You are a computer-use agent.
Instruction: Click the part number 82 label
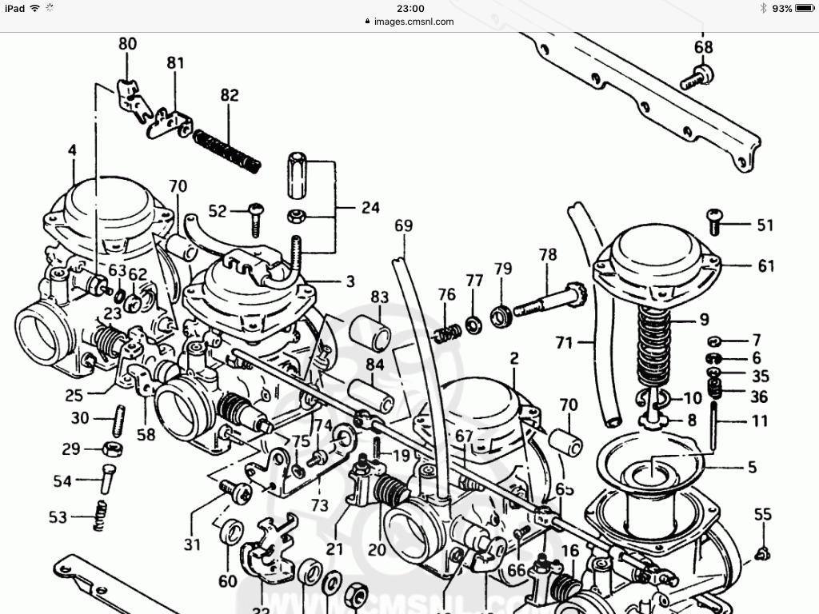(x=230, y=95)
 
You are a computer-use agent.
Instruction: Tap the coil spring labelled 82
(x=227, y=150)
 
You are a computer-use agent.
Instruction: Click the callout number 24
(x=370, y=209)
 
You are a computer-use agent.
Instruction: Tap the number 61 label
(x=766, y=266)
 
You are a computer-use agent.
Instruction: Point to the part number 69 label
(x=403, y=226)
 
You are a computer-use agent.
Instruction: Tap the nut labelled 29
(x=114, y=448)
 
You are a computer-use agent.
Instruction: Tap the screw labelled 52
(x=256, y=217)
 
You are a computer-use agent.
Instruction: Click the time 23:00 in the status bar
(x=409, y=8)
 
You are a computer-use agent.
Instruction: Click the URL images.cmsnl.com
(x=413, y=22)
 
